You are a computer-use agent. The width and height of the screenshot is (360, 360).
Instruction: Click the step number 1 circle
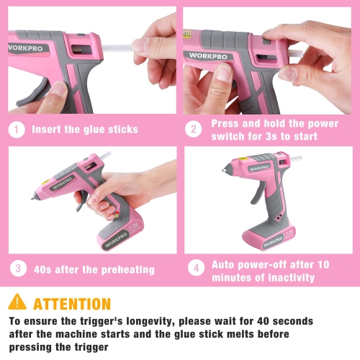18,130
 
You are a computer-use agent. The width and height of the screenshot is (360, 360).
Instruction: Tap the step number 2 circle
193,130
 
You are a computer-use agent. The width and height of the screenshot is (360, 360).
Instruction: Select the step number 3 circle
18,269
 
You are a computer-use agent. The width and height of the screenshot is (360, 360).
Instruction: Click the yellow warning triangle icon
17,303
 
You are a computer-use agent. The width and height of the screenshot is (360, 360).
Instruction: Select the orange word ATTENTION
72,304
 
